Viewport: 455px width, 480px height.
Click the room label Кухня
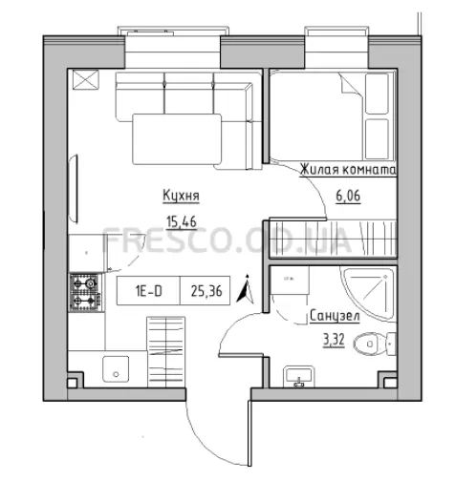tap(181, 196)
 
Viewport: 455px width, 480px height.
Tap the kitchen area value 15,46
tap(182, 221)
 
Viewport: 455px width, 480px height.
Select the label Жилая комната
tap(348, 170)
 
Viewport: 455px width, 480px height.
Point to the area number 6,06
tap(348, 196)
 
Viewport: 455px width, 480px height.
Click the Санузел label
tap(335, 317)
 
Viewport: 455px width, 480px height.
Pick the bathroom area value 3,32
tap(334, 341)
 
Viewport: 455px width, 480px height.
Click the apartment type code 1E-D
tap(149, 291)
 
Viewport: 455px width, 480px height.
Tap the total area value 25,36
tap(206, 291)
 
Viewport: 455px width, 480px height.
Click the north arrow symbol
tap(246, 289)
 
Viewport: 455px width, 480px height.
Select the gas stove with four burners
tap(85, 292)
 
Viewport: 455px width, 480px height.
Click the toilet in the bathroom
tap(375, 344)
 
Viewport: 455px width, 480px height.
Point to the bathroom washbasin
tap(299, 377)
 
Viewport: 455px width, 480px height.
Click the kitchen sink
tap(116, 369)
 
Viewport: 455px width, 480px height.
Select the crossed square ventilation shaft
tap(86, 79)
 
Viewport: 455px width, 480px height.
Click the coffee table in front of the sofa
tap(177, 139)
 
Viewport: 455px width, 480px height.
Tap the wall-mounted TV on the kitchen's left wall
tap(74, 189)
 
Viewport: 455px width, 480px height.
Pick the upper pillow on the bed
tap(377, 94)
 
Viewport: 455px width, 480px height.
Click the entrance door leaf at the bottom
tap(249, 433)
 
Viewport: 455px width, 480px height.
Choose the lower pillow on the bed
tap(377, 139)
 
